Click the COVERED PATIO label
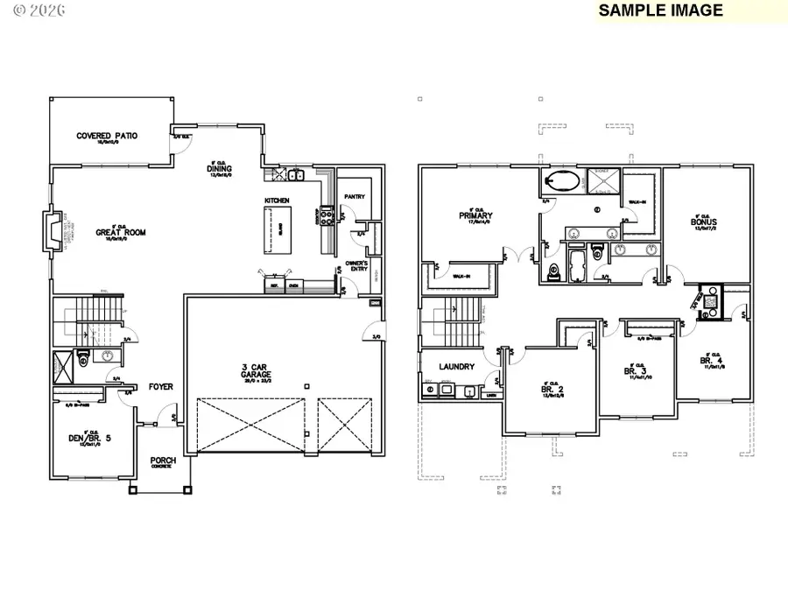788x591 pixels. click(x=107, y=136)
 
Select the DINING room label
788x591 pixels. click(x=219, y=168)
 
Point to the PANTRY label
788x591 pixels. click(x=355, y=197)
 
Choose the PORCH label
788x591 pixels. click(x=162, y=461)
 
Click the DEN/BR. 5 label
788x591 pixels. click(x=87, y=438)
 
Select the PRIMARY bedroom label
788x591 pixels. click(x=475, y=215)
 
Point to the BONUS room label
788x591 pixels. click(x=703, y=222)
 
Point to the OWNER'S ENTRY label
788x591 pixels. click(x=355, y=265)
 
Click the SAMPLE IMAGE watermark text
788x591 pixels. click(x=661, y=11)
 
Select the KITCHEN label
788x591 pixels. click(x=277, y=201)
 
